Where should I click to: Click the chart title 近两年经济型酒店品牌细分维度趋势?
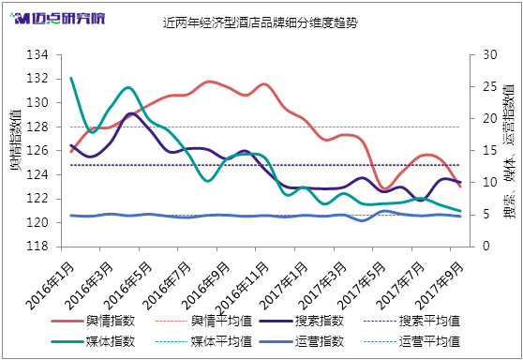pos(261,22)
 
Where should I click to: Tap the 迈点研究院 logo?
pos(57,19)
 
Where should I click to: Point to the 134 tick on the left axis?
pos(37,54)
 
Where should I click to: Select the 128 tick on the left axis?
pos(37,127)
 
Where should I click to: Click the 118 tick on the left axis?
pos(37,247)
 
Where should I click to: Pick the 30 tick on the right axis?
pos(489,54)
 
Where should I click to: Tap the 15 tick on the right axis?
pos(489,151)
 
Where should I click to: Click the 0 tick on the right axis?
pos(486,247)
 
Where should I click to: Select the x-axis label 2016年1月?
pos(51,286)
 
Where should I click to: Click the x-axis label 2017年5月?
pos(362,286)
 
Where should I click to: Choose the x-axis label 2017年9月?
pos(441,286)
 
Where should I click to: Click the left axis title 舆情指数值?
pos(15,140)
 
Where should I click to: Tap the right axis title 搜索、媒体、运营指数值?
pos(509,151)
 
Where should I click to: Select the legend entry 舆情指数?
pos(94,321)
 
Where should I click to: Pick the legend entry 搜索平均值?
pos(411,321)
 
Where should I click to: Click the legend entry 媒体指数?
pos(94,341)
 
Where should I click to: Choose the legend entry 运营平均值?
pos(411,341)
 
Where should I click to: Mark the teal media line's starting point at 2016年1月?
pos(71,79)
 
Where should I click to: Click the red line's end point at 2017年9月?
pos(460,187)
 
